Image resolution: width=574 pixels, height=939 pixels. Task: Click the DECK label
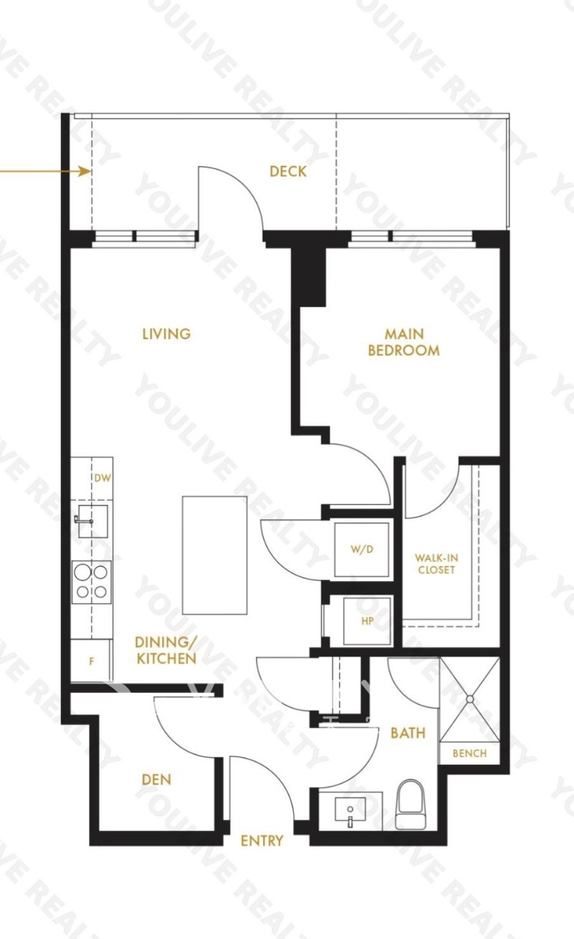(288, 171)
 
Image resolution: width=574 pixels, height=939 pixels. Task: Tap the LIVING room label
(166, 334)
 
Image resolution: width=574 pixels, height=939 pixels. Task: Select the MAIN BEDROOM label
(404, 342)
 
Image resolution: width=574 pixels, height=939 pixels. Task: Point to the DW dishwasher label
(103, 478)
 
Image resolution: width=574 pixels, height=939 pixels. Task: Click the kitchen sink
(93, 521)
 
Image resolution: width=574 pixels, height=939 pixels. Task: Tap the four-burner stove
(91, 582)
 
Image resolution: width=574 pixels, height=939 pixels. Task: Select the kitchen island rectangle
(215, 555)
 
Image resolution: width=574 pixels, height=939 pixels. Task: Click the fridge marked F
(91, 661)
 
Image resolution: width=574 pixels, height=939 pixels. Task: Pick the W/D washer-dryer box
(362, 549)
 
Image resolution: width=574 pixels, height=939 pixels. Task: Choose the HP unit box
(367, 621)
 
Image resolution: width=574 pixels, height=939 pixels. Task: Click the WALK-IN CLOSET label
(436, 564)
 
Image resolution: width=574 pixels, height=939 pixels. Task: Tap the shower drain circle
(470, 699)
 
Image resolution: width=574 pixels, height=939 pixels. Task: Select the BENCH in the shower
(469, 753)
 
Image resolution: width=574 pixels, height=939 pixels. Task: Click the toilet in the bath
(411, 804)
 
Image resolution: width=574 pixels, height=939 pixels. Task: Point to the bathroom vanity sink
(350, 811)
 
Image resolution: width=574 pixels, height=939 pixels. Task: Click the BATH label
(408, 732)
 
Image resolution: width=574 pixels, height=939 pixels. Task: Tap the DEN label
(156, 780)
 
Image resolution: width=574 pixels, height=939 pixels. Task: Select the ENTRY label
(262, 841)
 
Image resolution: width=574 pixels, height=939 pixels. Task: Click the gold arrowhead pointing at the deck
(85, 171)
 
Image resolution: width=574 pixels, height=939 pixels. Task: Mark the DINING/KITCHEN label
(166, 650)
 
